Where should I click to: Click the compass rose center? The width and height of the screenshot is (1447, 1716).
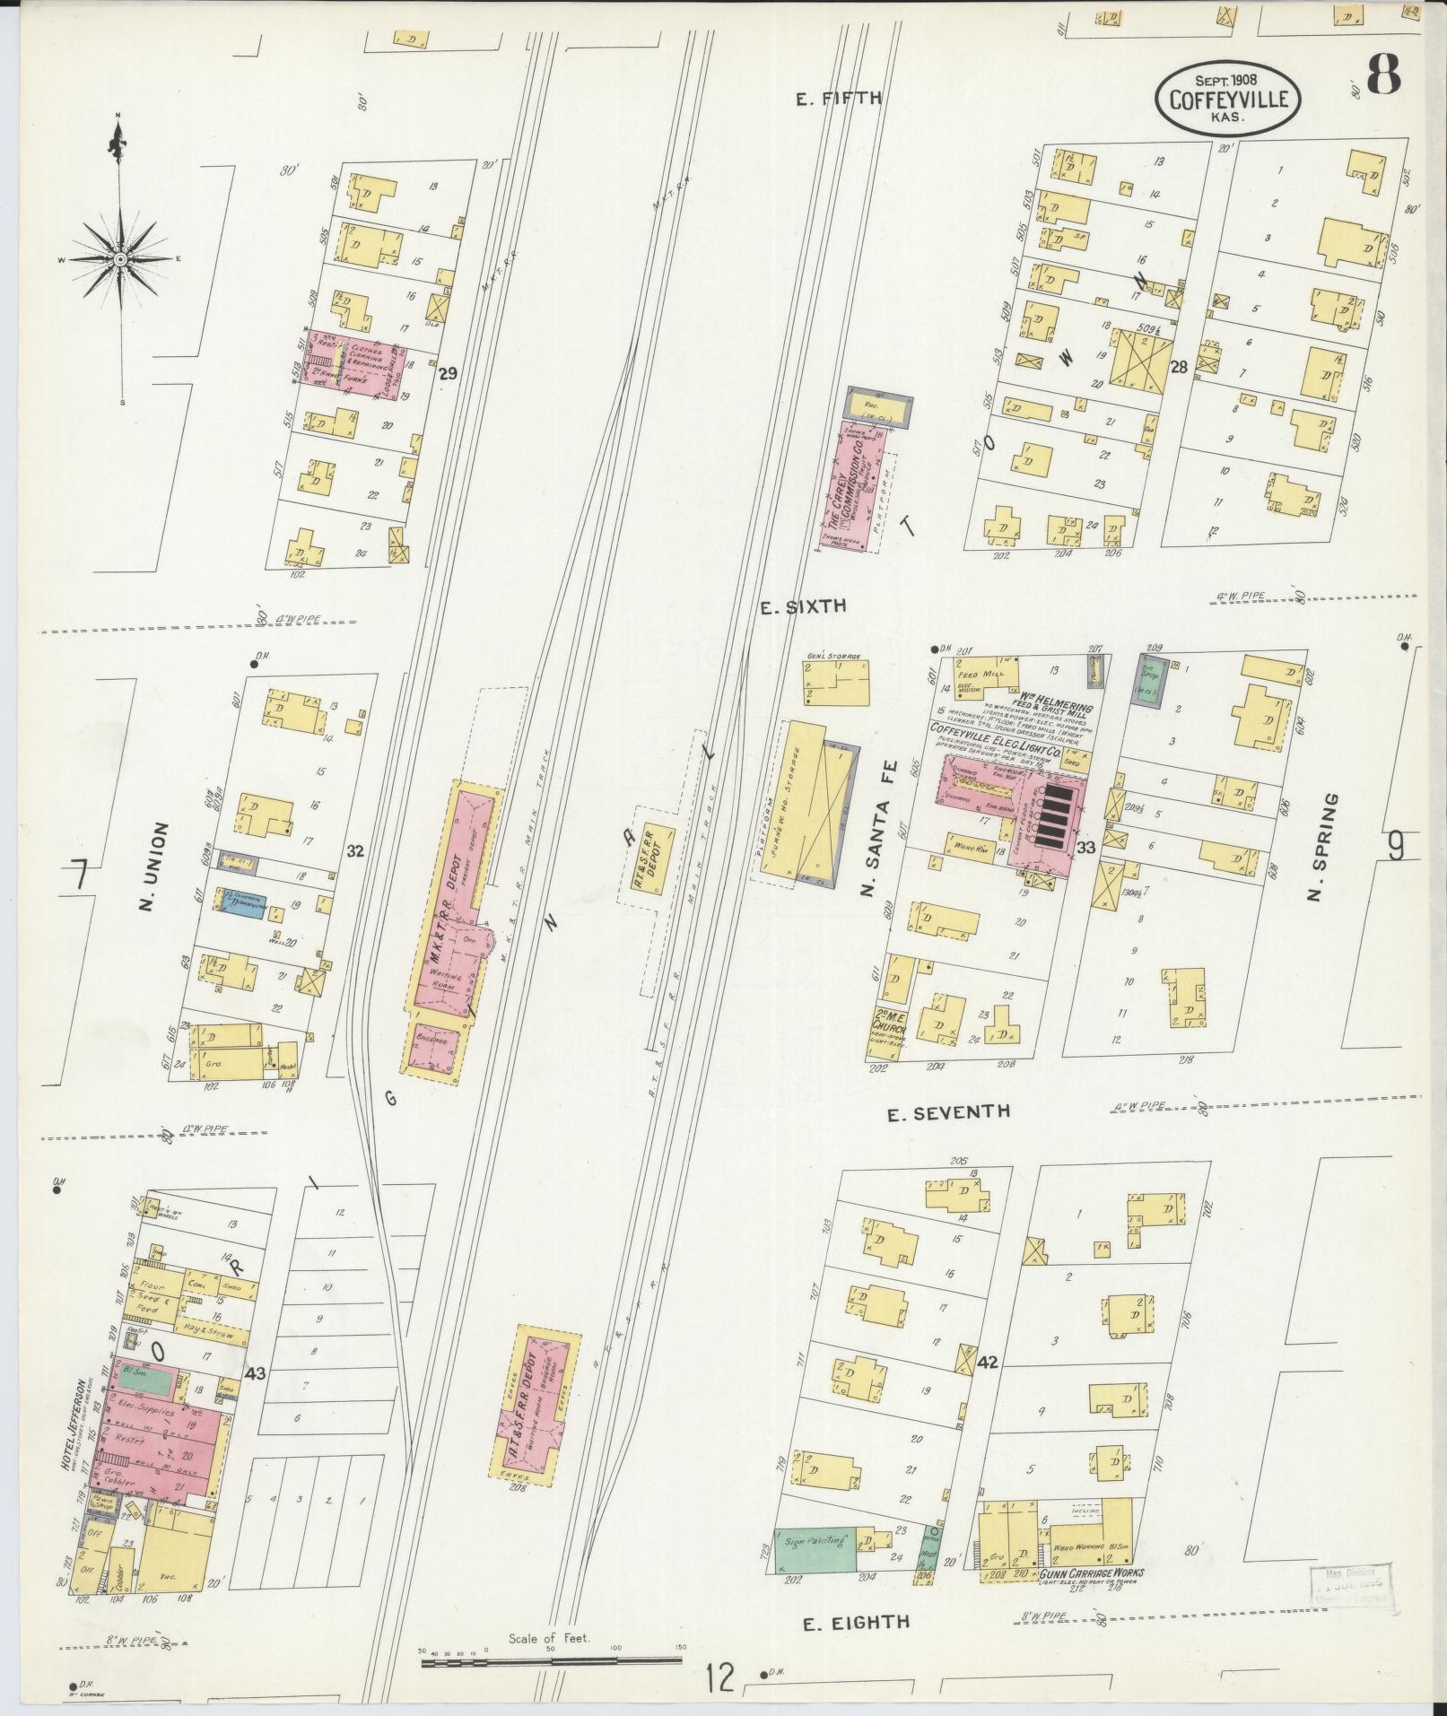(118, 259)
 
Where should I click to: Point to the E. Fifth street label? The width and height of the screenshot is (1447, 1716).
(838, 99)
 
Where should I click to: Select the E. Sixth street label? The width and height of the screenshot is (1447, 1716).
(802, 606)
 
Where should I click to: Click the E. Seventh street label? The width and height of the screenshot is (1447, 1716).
(948, 1112)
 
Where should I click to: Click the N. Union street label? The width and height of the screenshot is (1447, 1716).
(148, 855)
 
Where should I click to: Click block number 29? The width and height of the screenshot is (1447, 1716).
(447, 373)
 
